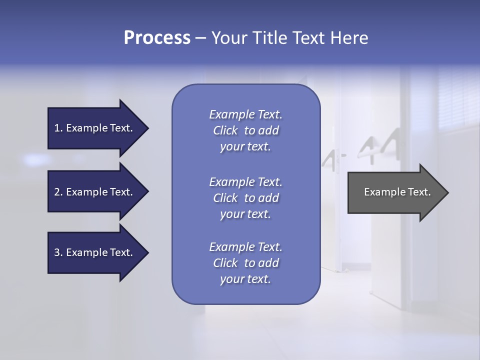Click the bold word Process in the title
(157, 38)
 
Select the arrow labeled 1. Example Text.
(95, 128)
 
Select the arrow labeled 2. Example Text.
(95, 192)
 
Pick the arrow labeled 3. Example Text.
(95, 252)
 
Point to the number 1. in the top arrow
(58, 128)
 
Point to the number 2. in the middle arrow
(58, 192)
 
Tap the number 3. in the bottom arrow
(58, 252)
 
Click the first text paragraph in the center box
(245, 130)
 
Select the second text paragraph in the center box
(245, 198)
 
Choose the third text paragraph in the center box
(245, 263)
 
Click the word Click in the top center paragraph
(225, 130)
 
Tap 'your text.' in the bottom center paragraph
(245, 279)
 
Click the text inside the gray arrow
(397, 192)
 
